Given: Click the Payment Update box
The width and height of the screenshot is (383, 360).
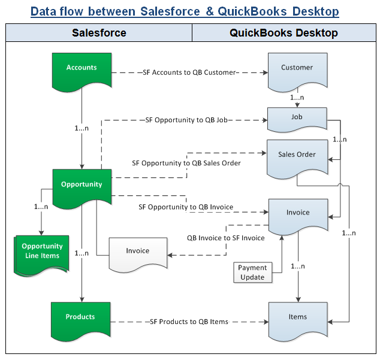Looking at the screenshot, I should click(252, 273).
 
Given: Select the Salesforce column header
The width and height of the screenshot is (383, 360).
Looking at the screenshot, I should click(99, 33).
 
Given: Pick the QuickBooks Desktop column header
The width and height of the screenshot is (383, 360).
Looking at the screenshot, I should click(284, 33).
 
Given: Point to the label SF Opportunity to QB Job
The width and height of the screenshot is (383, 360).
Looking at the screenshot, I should click(187, 120).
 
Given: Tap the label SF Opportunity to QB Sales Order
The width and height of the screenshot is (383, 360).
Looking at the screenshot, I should click(186, 163).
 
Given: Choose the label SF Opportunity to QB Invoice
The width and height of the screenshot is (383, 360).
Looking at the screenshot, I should click(186, 207).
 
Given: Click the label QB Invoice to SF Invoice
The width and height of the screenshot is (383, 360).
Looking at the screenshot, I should click(225, 238).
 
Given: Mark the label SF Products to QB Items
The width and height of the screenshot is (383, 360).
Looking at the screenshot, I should click(189, 322).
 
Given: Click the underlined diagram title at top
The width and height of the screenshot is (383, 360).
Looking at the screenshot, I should click(185, 11).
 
